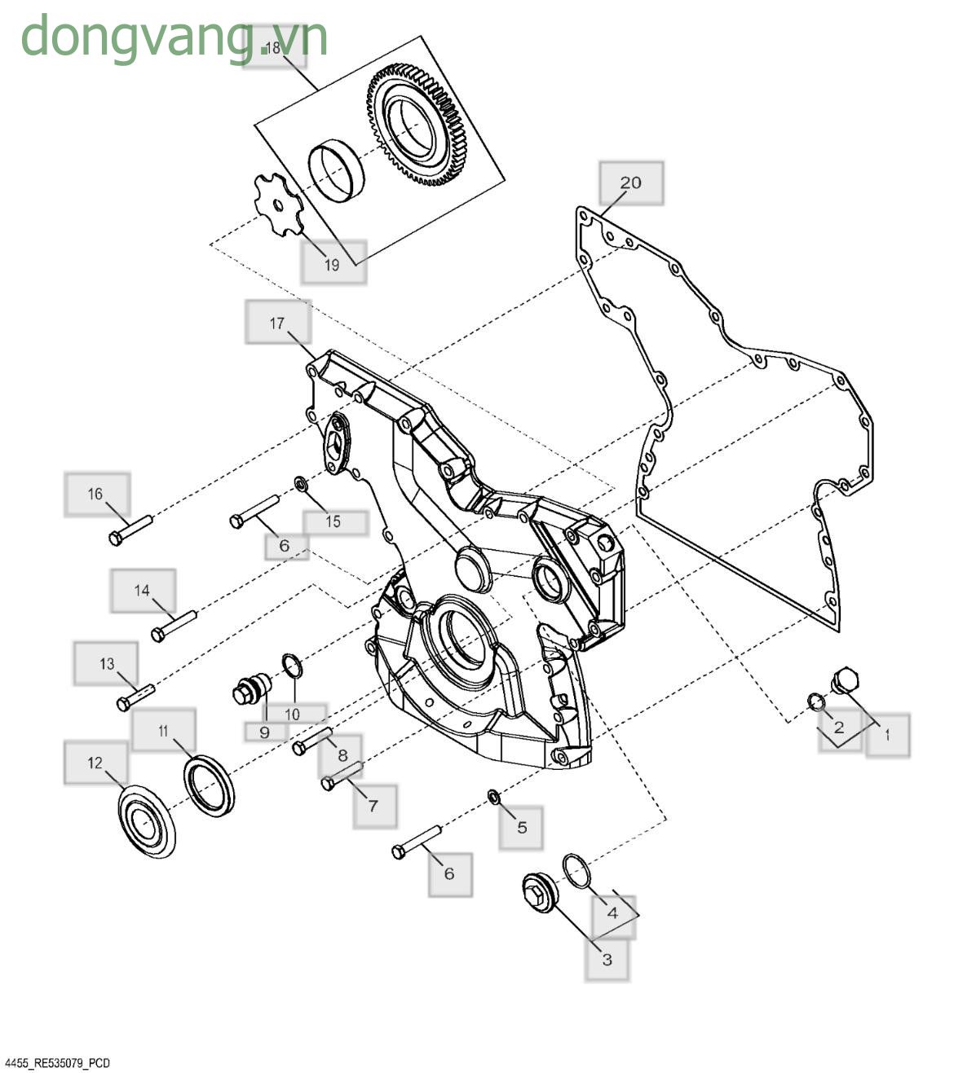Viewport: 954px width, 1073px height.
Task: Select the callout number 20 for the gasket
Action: click(631, 182)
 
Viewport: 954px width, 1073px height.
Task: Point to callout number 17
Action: click(277, 323)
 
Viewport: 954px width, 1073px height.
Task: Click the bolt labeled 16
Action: click(130, 529)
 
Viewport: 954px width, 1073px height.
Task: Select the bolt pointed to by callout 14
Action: click(174, 626)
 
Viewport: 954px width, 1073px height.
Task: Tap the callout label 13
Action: click(107, 664)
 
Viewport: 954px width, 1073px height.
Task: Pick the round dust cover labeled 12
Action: click(147, 820)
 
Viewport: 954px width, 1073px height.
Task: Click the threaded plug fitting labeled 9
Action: click(250, 688)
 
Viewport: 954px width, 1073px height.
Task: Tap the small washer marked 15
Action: click(301, 486)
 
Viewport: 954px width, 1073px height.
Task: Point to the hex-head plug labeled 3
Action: click(538, 894)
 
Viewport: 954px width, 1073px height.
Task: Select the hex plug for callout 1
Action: click(843, 680)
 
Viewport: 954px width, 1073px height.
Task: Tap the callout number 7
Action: click(373, 806)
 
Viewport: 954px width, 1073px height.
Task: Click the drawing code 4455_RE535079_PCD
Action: click(57, 1063)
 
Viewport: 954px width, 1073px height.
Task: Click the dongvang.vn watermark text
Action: click(174, 37)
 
